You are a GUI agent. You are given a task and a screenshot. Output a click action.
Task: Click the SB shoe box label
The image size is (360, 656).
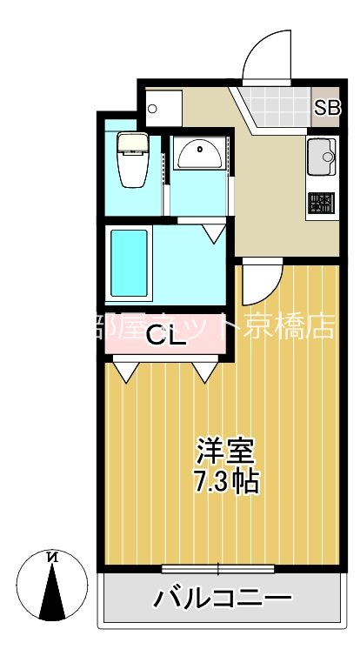327,109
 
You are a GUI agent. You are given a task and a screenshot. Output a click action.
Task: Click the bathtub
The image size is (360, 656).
129,262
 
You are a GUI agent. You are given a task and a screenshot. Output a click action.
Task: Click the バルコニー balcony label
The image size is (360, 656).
223,599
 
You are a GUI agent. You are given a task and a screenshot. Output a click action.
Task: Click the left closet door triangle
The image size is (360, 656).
123,372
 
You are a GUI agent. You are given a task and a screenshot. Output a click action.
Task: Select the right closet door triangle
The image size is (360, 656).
204,372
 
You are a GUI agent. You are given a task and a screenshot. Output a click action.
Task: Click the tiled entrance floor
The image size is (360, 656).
274,108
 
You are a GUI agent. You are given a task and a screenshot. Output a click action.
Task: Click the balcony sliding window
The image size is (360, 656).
218,570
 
